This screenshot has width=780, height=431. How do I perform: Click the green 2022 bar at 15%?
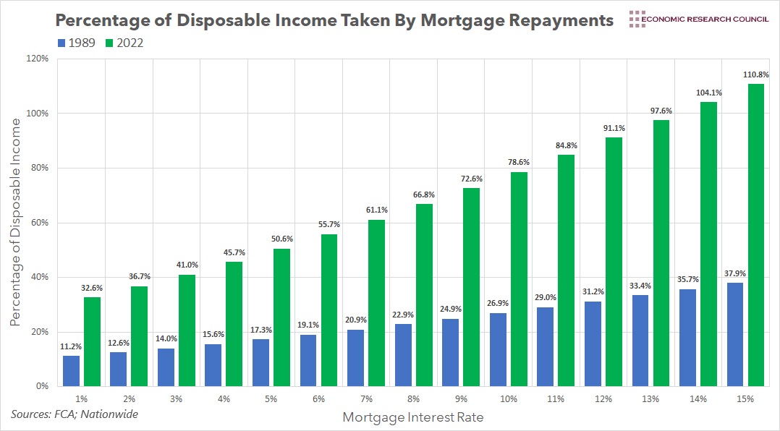pyautogui.click(x=756, y=235)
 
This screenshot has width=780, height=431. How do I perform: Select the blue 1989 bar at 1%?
pyautogui.click(x=71, y=371)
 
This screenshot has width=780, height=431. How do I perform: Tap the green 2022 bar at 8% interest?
pyautogui.click(x=424, y=295)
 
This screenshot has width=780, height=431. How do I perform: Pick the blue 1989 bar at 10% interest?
pyautogui.click(x=499, y=349)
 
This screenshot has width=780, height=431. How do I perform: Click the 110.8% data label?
pyautogui.click(x=756, y=74)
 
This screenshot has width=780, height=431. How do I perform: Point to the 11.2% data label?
pyautogui.click(x=71, y=346)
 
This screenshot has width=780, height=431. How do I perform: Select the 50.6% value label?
pyautogui.click(x=282, y=239)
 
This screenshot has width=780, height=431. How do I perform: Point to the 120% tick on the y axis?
pyautogui.click(x=36, y=59)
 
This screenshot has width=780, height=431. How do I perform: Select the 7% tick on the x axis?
pyautogui.click(x=366, y=398)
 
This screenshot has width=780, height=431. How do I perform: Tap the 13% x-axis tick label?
pyautogui.click(x=650, y=398)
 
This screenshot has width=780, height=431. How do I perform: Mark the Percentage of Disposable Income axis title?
pyautogui.click(x=15, y=222)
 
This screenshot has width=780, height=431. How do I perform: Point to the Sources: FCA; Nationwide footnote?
pyautogui.click(x=74, y=414)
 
